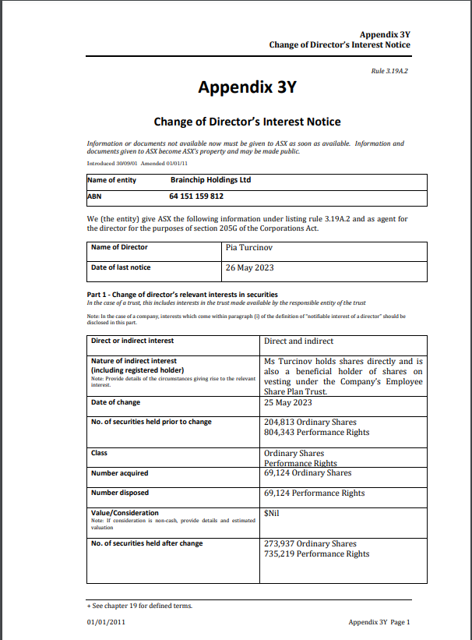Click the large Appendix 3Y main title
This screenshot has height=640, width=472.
[247, 87]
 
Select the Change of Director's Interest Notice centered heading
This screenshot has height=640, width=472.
[247, 122]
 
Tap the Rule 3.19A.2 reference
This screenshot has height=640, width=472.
[389, 71]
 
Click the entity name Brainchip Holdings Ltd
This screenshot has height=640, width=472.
[210, 179]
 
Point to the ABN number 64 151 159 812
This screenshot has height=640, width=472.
[196, 196]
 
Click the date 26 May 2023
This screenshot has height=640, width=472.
[249, 267]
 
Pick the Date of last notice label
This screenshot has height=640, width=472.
[121, 267]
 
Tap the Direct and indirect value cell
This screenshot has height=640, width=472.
[298, 341]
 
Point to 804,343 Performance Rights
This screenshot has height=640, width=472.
[316, 432]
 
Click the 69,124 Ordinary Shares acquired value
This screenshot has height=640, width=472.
[308, 472]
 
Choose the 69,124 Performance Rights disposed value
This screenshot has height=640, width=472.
[315, 493]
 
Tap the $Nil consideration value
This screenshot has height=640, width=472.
[272, 513]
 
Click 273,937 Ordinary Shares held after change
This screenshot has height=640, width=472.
[310, 543]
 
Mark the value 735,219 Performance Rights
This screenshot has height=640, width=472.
[316, 553]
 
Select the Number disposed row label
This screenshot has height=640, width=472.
[120, 493]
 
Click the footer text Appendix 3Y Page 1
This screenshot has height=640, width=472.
[379, 621]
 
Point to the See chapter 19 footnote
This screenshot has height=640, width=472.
[139, 606]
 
